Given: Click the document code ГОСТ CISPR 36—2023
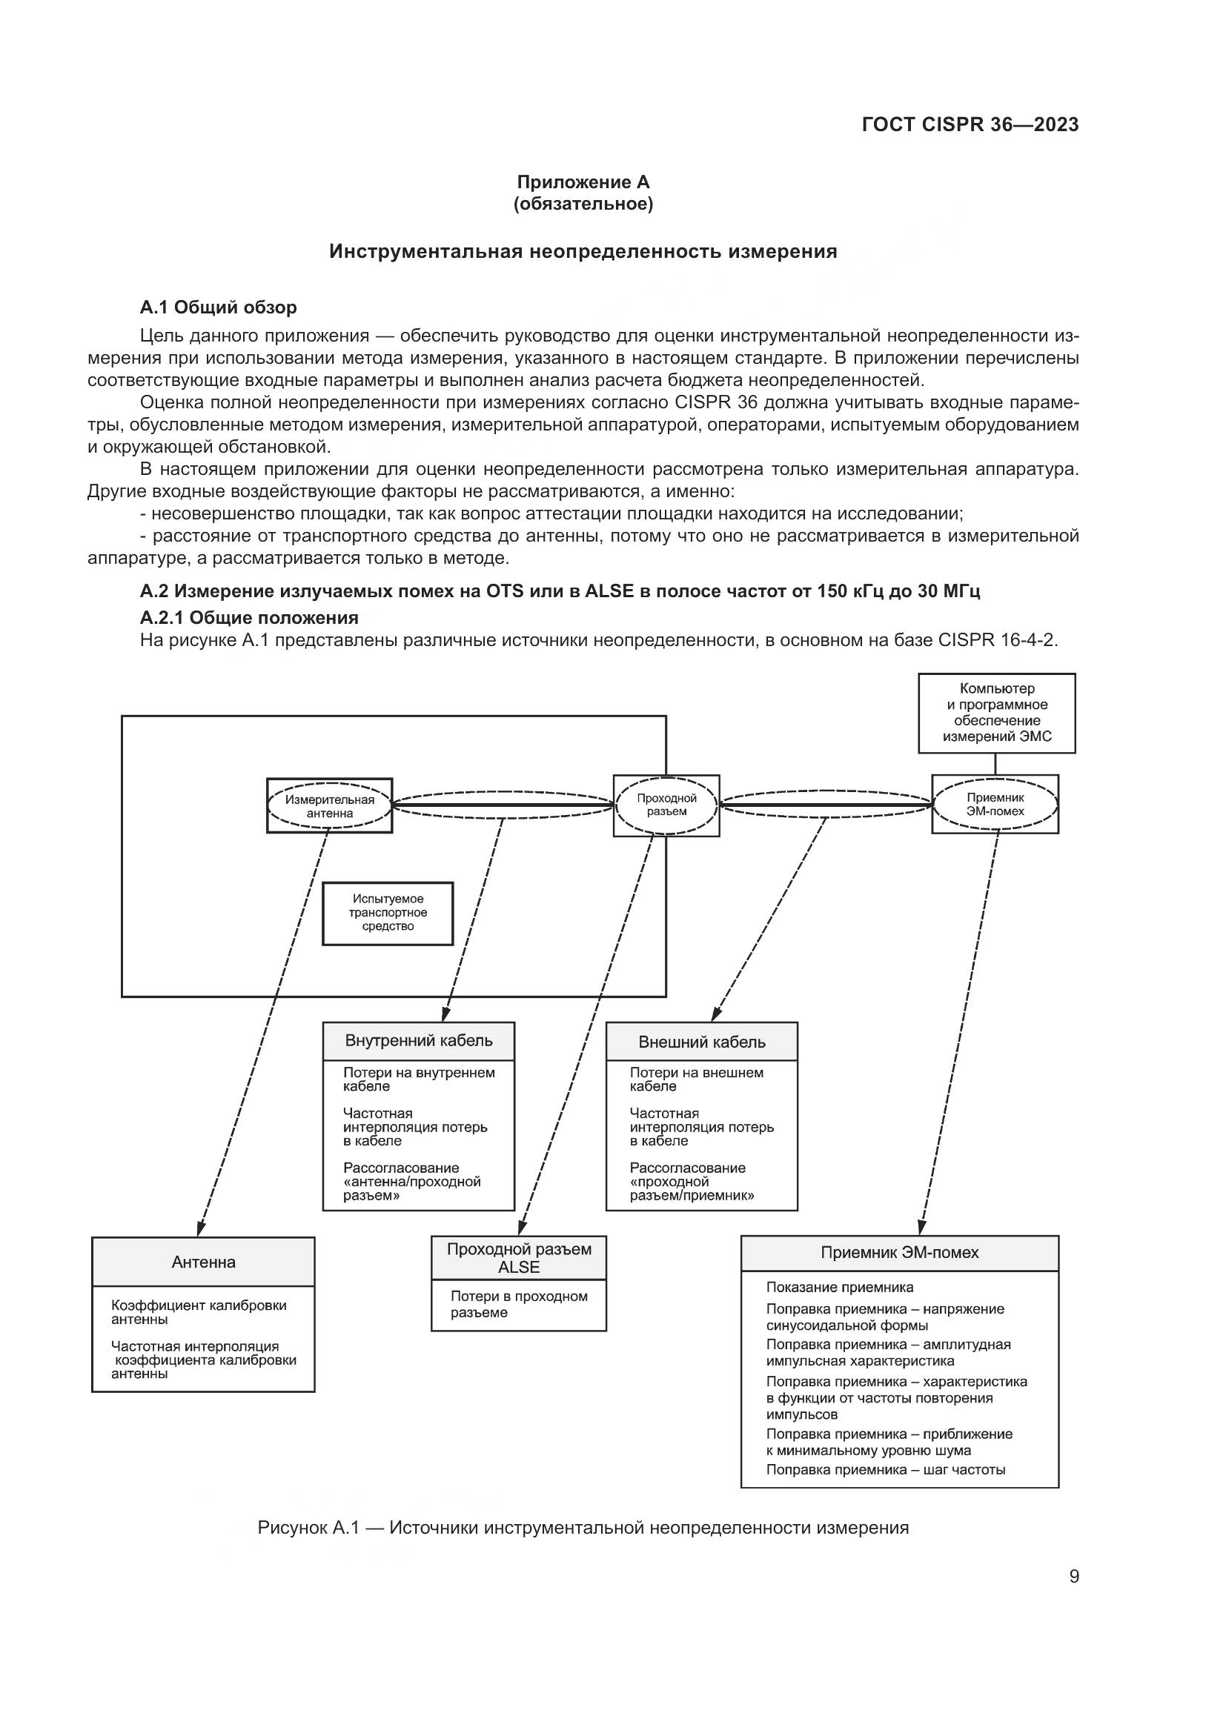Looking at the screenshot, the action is (970, 124).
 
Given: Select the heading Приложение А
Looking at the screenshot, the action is (583, 182).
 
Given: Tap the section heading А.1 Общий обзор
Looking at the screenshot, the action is (218, 307).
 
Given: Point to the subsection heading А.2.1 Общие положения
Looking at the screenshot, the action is (249, 617).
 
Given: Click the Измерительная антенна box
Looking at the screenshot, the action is (330, 805).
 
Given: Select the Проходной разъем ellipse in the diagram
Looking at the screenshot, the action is (666, 805).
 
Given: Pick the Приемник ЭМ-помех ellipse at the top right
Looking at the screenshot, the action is (995, 805).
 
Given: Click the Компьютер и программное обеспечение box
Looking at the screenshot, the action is (996, 714).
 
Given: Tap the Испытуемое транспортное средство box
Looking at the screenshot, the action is (388, 914).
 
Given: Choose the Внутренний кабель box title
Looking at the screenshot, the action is (419, 1041).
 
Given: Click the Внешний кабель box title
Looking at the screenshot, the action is (702, 1042).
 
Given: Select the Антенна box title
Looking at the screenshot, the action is (203, 1262).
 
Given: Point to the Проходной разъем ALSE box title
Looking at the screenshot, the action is (519, 1258).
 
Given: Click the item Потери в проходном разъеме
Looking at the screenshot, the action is (520, 1304).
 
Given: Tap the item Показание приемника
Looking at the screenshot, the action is (840, 1288).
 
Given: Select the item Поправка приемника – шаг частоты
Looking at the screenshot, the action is (886, 1469).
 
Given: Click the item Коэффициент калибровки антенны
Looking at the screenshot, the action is (199, 1312).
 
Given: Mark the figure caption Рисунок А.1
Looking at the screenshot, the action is (583, 1529).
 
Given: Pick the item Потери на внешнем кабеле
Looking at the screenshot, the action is (697, 1080).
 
